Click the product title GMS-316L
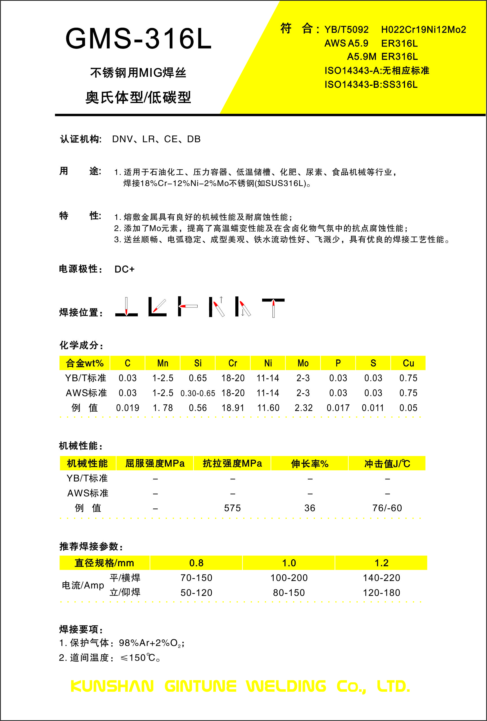[138, 39]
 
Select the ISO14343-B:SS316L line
[371, 84]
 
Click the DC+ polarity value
[124, 269]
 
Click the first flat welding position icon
[126, 307]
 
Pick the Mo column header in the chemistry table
[303, 363]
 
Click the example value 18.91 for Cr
[233, 408]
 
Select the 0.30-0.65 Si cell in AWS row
[198, 393]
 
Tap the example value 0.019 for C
[128, 408]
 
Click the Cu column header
[408, 363]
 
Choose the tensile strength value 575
[232, 508]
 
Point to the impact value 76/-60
[387, 508]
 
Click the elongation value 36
[309, 508]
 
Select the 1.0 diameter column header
[289, 563]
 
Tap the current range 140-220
[381, 578]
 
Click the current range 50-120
[196, 593]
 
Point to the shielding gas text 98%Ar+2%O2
[151, 643]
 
